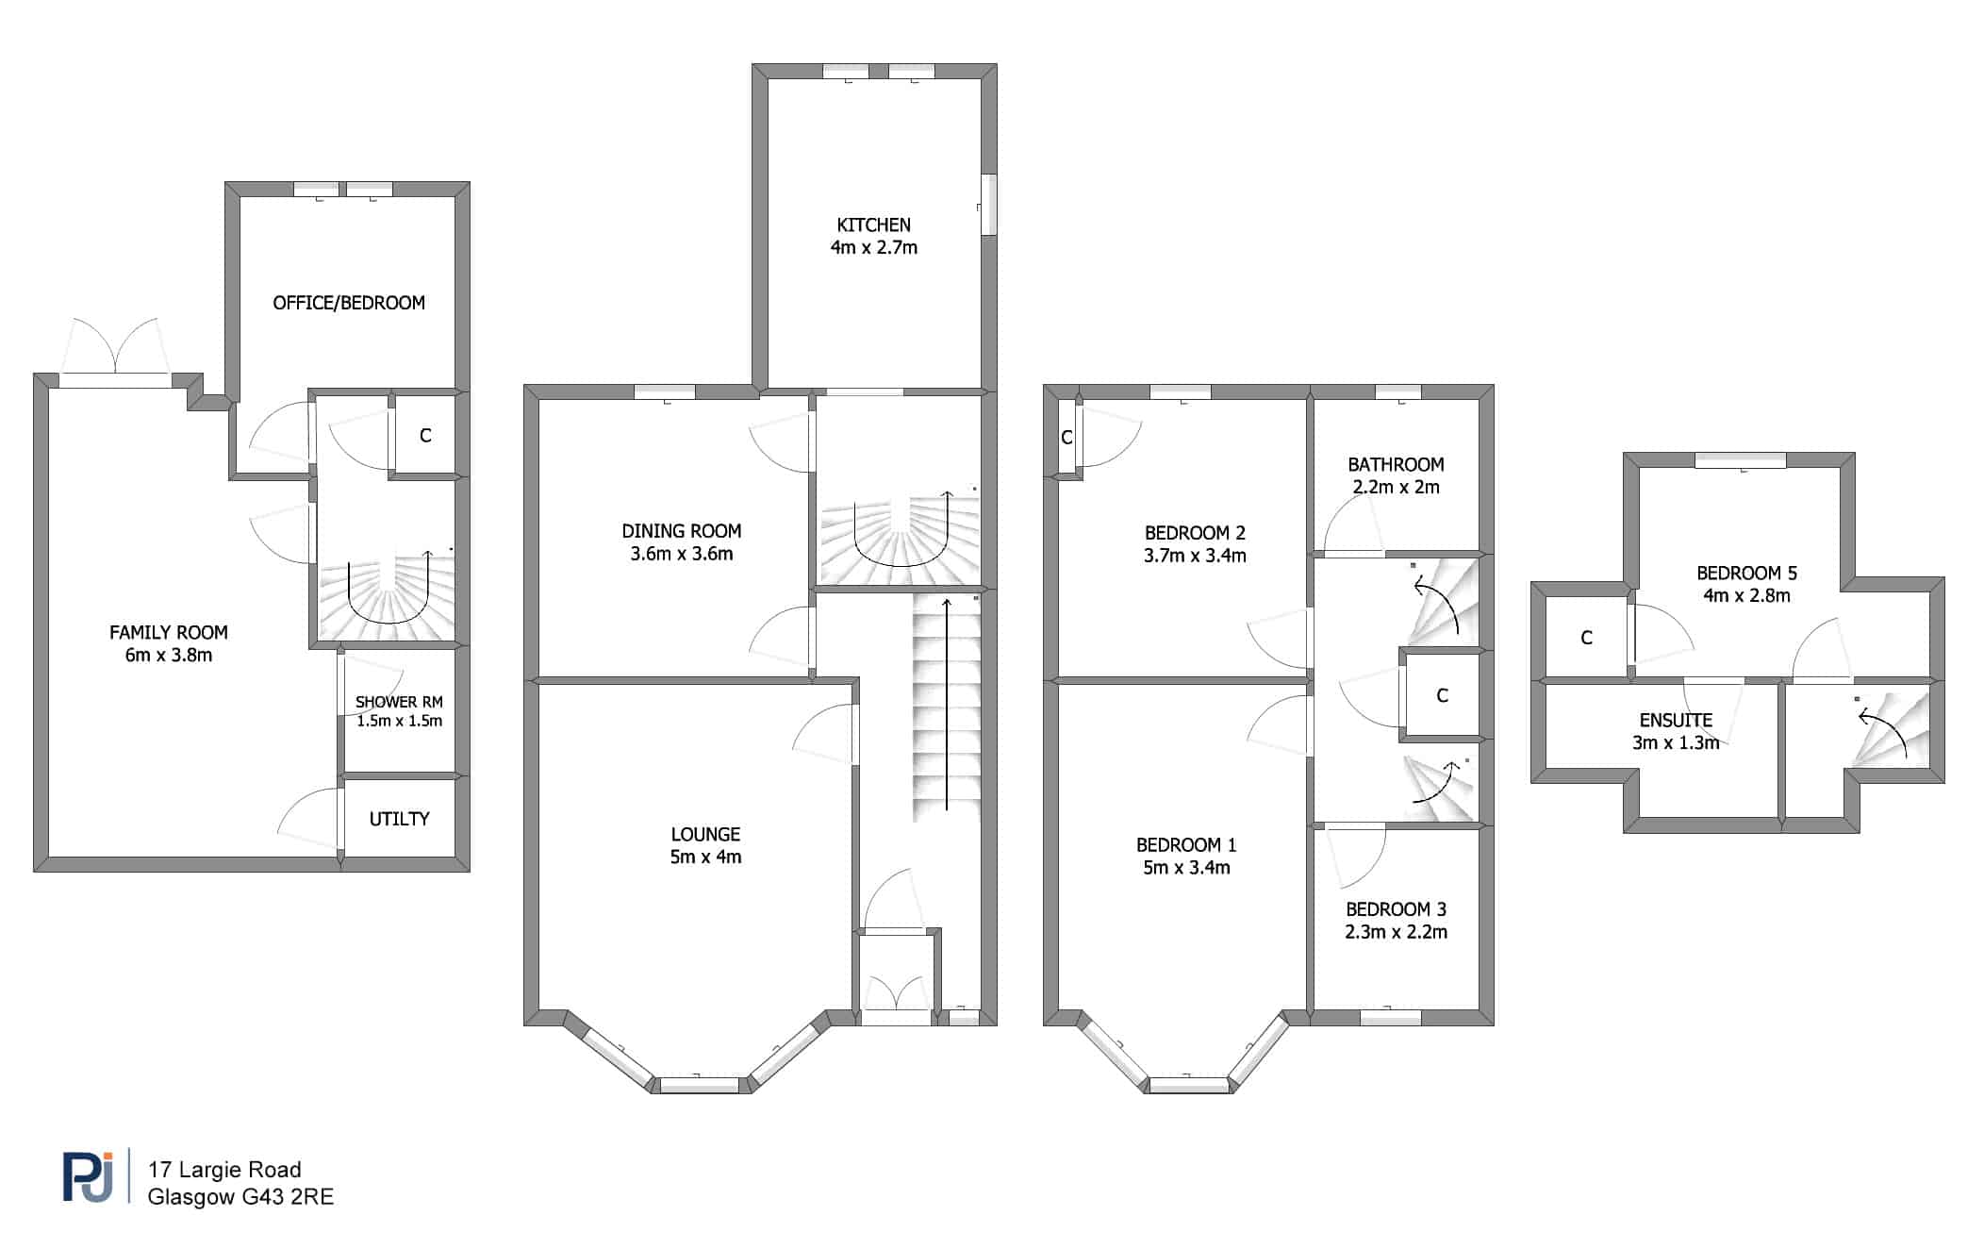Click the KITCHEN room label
point(873,236)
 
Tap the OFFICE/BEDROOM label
point(349,303)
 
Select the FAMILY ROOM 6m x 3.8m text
point(169,643)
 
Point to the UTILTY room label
point(399,819)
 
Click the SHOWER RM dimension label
point(399,721)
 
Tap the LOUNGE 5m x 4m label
point(705,845)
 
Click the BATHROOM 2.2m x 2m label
point(1396,475)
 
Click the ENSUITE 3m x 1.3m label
point(1676,731)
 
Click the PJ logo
point(88,1176)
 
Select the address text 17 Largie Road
point(224,1170)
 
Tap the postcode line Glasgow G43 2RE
point(240,1197)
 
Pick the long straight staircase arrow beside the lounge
point(947,703)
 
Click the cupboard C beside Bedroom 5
point(1586,638)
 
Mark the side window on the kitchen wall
point(988,204)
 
